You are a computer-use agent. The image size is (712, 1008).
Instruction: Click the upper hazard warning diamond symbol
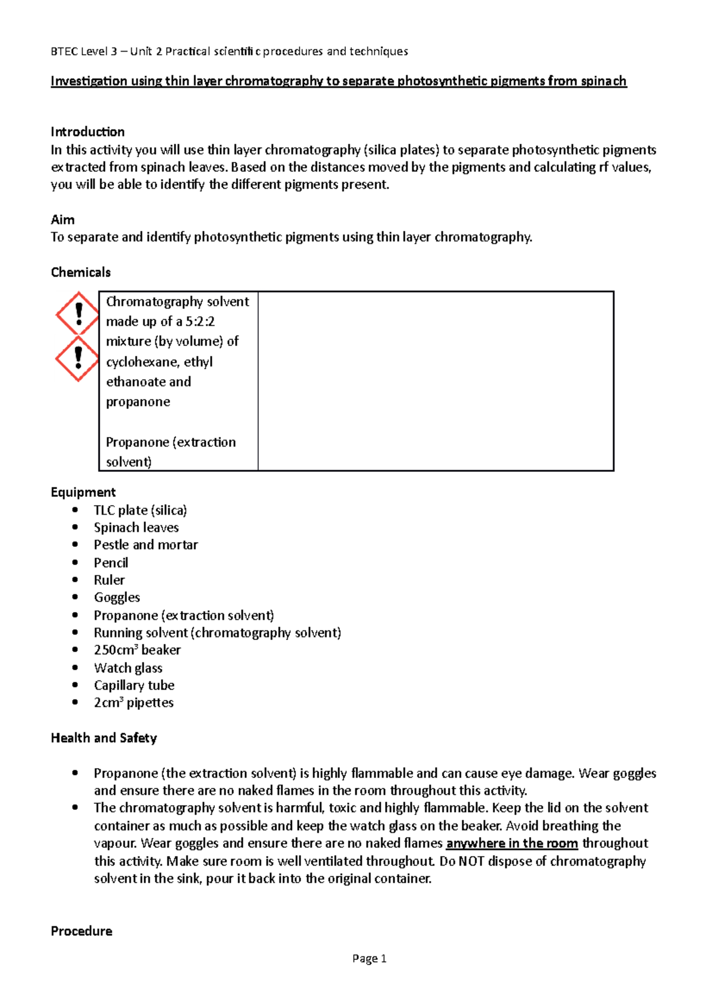tap(77, 313)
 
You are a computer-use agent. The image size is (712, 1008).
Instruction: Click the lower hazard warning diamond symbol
tap(77, 358)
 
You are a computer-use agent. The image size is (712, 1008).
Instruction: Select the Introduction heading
tap(88, 132)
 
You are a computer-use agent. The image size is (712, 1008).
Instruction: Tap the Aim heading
tap(63, 220)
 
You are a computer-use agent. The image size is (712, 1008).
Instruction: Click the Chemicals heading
tap(81, 272)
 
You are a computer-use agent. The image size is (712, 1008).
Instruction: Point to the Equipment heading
tap(83, 492)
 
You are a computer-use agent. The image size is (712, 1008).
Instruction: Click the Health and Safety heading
tap(104, 738)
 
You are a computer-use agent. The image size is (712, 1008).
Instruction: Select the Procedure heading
tap(81, 931)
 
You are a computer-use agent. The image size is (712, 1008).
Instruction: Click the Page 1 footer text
tap(369, 958)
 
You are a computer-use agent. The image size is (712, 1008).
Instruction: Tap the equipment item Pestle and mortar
tap(145, 545)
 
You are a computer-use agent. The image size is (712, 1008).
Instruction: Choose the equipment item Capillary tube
tap(134, 685)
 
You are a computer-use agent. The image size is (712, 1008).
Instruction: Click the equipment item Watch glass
tap(128, 668)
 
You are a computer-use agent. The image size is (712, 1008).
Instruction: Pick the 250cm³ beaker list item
tap(137, 650)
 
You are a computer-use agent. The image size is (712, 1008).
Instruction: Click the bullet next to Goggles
tap(75, 597)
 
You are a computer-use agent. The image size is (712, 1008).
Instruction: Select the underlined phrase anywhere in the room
tap(511, 844)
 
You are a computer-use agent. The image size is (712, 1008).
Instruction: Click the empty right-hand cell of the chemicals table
tap(436, 381)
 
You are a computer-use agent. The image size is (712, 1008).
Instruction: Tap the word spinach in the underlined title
tap(603, 81)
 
